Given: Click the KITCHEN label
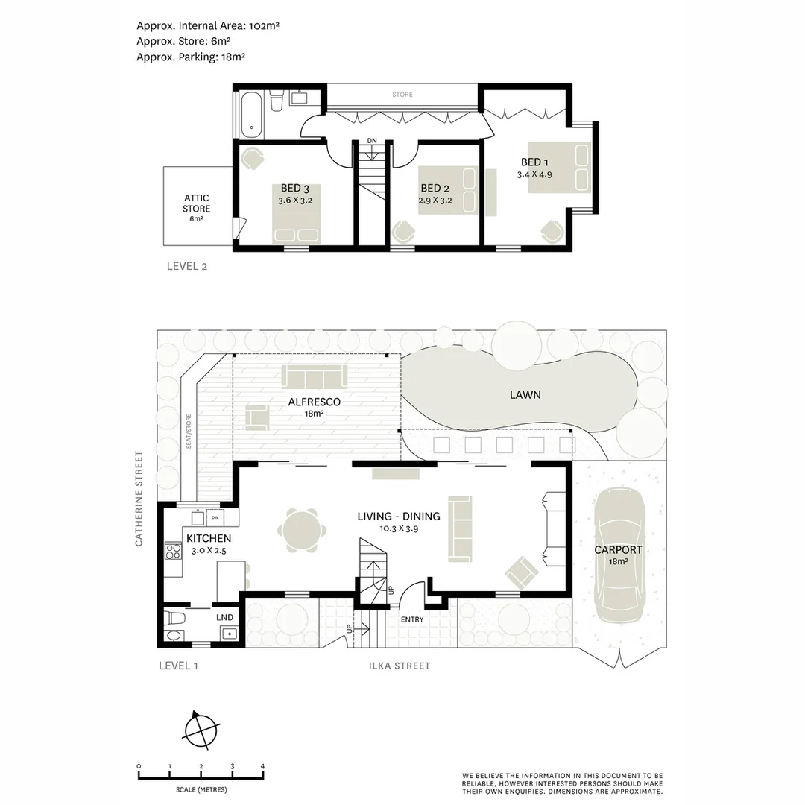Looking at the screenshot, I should [208, 538].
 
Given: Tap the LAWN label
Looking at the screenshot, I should [525, 395].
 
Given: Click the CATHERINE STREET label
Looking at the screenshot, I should [139, 498].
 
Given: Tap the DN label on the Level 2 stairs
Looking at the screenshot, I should [371, 141].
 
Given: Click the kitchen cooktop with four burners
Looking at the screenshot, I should [173, 552].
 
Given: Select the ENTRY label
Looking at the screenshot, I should [411, 619].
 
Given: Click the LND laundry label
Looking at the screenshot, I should [224, 617].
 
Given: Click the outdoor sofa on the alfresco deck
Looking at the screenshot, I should [314, 376].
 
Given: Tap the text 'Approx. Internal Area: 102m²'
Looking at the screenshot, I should [207, 25].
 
